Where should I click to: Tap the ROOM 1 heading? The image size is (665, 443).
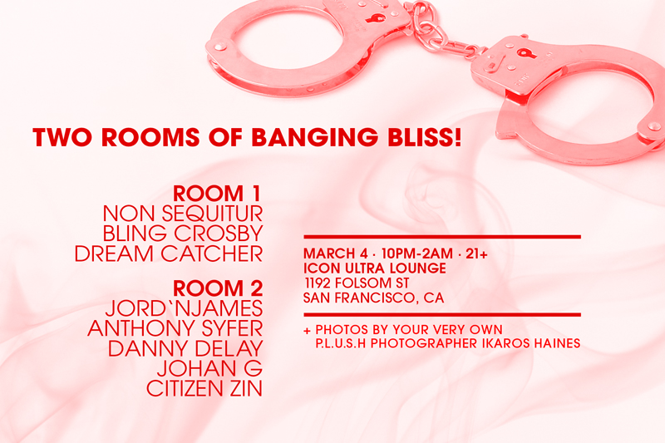[217, 194]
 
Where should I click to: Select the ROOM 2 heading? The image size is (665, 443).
[218, 288]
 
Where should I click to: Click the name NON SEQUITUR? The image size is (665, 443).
[183, 214]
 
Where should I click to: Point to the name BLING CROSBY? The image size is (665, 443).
[183, 234]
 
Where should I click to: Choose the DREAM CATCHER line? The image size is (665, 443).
[169, 253]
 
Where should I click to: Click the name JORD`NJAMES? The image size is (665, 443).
[184, 308]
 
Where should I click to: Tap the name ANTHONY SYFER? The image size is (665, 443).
[175, 328]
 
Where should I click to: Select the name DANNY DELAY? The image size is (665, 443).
[185, 348]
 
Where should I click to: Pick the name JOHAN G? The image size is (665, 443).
[209, 368]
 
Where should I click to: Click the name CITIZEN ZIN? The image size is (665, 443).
[204, 388]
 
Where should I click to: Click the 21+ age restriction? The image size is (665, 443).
[476, 253]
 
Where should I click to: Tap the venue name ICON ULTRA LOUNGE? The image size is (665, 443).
[375, 268]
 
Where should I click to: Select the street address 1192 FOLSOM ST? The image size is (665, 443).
[357, 283]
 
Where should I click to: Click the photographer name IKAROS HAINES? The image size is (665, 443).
[531, 343]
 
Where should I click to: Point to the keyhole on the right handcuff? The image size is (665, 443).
[526, 54]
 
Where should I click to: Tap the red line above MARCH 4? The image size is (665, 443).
[442, 237]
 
